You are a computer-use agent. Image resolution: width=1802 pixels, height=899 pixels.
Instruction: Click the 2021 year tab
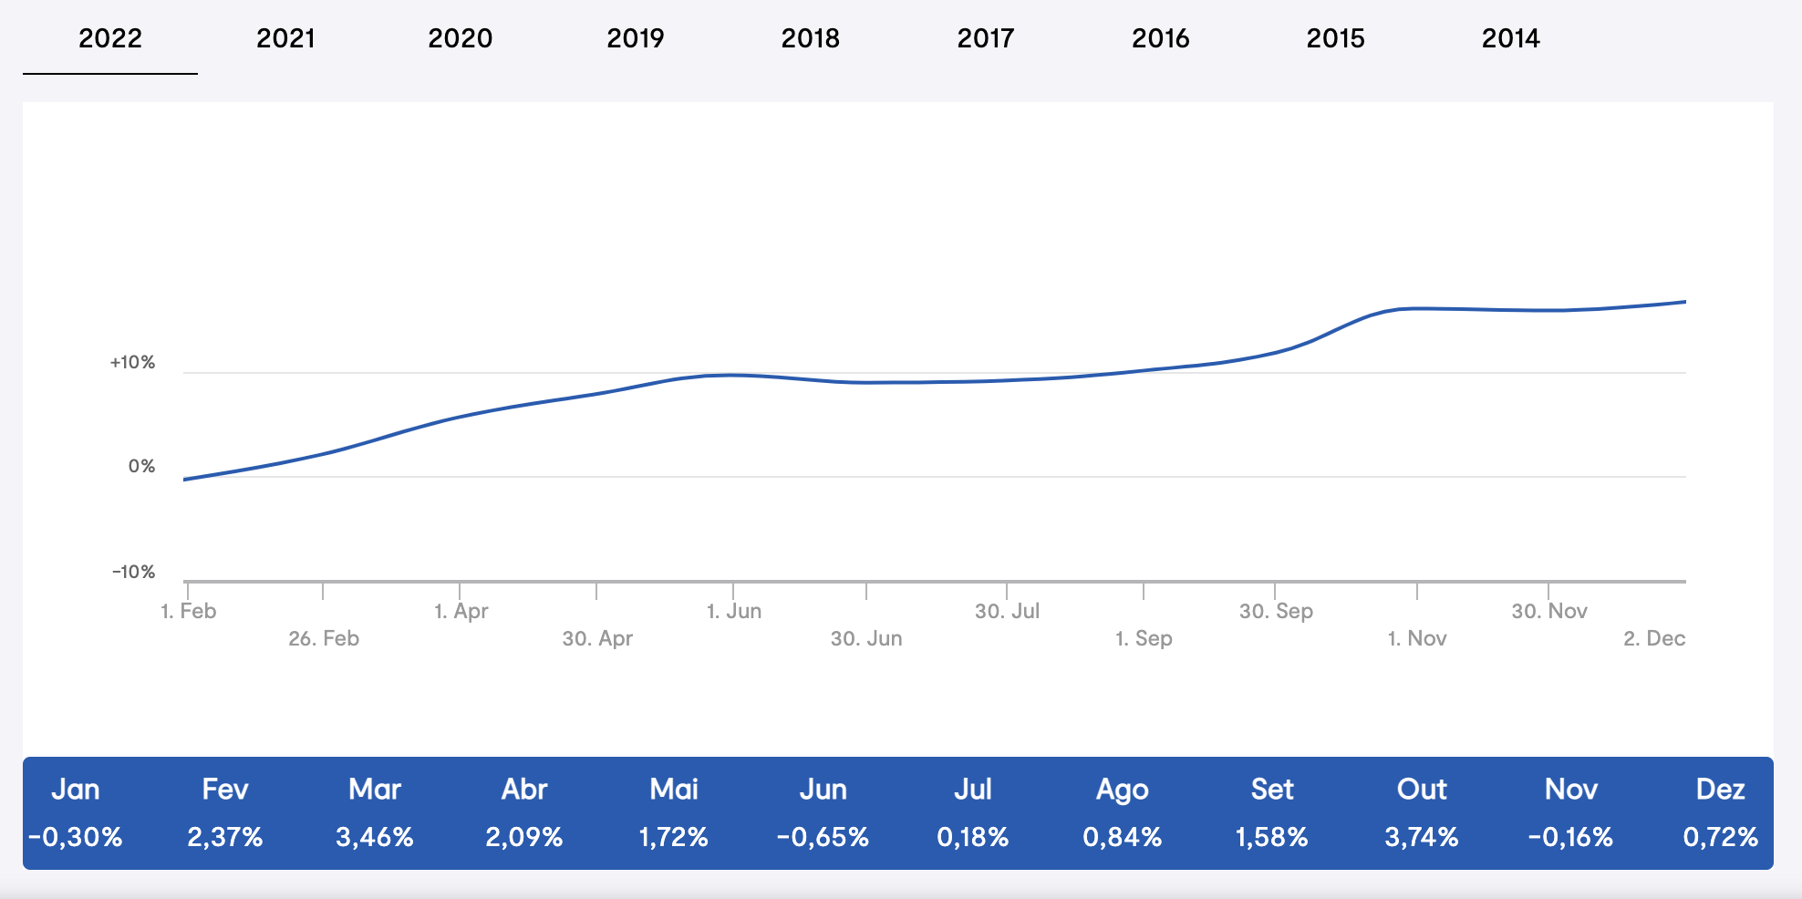tap(285, 38)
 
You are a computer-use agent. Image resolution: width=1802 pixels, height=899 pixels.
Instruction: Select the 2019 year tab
tap(635, 38)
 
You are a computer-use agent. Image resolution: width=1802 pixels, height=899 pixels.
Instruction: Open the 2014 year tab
tap(1510, 38)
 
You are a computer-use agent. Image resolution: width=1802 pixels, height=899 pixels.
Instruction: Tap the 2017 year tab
tap(985, 38)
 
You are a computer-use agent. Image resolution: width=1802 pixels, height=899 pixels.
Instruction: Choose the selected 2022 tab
tap(110, 38)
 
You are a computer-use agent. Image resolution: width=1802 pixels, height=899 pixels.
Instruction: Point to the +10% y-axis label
tap(132, 363)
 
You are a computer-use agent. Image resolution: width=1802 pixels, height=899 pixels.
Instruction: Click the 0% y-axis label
tap(141, 467)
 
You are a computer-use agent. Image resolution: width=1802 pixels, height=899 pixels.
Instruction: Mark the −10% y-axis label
tap(133, 573)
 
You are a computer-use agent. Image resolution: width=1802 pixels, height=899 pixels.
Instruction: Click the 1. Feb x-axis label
tap(189, 611)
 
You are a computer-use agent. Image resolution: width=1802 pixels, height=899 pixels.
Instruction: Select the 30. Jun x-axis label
tap(866, 638)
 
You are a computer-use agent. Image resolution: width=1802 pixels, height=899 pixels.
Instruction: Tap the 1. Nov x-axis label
tap(1417, 638)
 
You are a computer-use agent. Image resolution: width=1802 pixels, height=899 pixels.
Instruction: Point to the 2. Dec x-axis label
tap(1654, 638)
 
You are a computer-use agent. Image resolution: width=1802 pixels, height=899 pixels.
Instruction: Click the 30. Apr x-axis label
tap(597, 638)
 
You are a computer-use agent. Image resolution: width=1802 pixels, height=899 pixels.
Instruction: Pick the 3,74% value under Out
tap(1422, 837)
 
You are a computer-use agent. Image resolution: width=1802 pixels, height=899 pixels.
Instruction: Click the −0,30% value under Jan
tap(75, 837)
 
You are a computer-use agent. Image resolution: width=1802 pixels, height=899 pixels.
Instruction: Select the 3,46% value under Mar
tap(375, 837)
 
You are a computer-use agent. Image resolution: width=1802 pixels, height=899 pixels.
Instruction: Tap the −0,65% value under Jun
tap(823, 837)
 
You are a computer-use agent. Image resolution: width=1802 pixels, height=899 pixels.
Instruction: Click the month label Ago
tap(1122, 790)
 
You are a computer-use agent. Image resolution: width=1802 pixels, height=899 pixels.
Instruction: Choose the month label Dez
tap(1720, 790)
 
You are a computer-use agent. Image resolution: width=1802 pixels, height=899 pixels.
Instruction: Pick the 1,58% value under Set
tap(1271, 837)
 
